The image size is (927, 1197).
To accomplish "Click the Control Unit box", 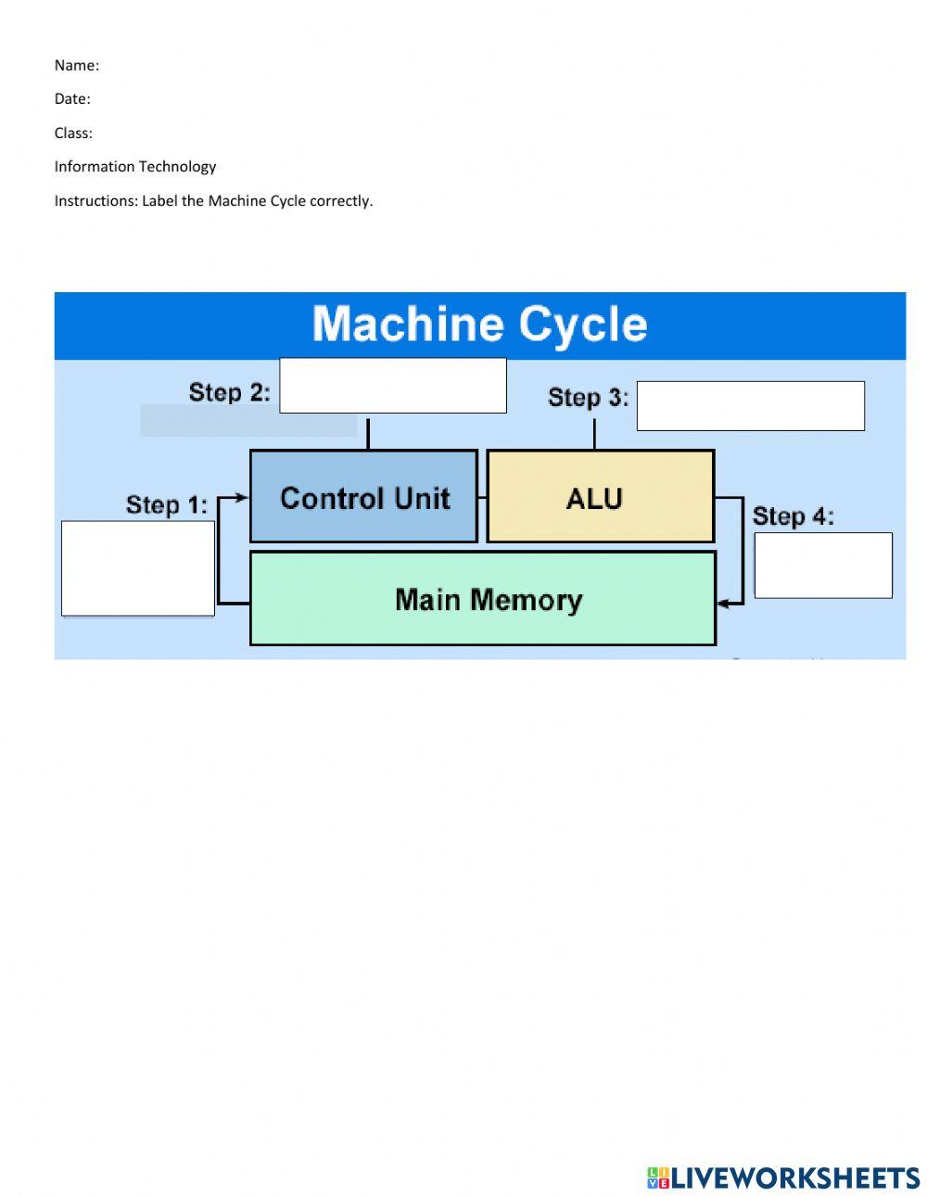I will coord(363,497).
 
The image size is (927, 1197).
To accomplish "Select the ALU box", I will coord(600,497).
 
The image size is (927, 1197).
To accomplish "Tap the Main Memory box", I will coord(483,599).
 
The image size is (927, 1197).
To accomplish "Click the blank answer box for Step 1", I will coord(138,567).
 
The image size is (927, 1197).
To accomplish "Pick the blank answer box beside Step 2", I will coord(393,385).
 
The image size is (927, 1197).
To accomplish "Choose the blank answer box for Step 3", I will coord(750,406).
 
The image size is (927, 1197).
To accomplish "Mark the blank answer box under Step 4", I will coord(823,565).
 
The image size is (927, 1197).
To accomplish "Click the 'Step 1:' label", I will coord(167,505).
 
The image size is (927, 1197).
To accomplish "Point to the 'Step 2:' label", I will coord(229,392).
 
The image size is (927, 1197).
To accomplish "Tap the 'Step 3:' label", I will coord(588,398).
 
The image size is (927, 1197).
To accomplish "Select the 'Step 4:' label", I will coord(793,516).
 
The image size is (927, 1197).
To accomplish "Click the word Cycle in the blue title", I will coord(582,325).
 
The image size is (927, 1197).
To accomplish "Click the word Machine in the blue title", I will coord(407,325).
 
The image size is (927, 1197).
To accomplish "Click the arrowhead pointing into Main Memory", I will coord(723,604).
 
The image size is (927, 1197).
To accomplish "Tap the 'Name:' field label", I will coord(76,65).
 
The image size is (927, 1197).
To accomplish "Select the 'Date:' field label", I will coord(72,99).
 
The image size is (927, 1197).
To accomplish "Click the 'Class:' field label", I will coord(73,133).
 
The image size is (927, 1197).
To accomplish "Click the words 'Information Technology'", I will coord(135,167).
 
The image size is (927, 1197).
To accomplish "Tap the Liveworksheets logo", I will coord(783,1178).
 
